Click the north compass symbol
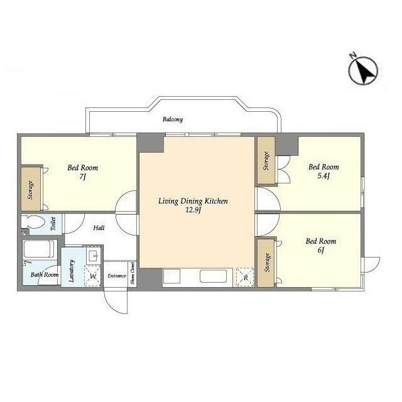point(363,70)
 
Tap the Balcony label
point(173,119)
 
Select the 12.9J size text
point(193,210)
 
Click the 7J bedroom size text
point(82,177)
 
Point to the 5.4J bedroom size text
point(323,176)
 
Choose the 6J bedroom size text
point(321,250)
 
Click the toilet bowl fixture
point(33,222)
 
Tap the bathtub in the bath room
point(39,249)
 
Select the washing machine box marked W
point(92,276)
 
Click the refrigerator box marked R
point(245,277)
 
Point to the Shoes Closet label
point(133,273)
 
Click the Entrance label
point(117,276)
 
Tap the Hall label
point(99,227)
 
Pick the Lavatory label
point(72,271)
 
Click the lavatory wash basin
point(94,256)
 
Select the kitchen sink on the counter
point(214,276)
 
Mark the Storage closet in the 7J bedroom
point(31,189)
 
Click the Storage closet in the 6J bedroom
point(266,263)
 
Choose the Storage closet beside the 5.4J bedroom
point(266,161)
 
